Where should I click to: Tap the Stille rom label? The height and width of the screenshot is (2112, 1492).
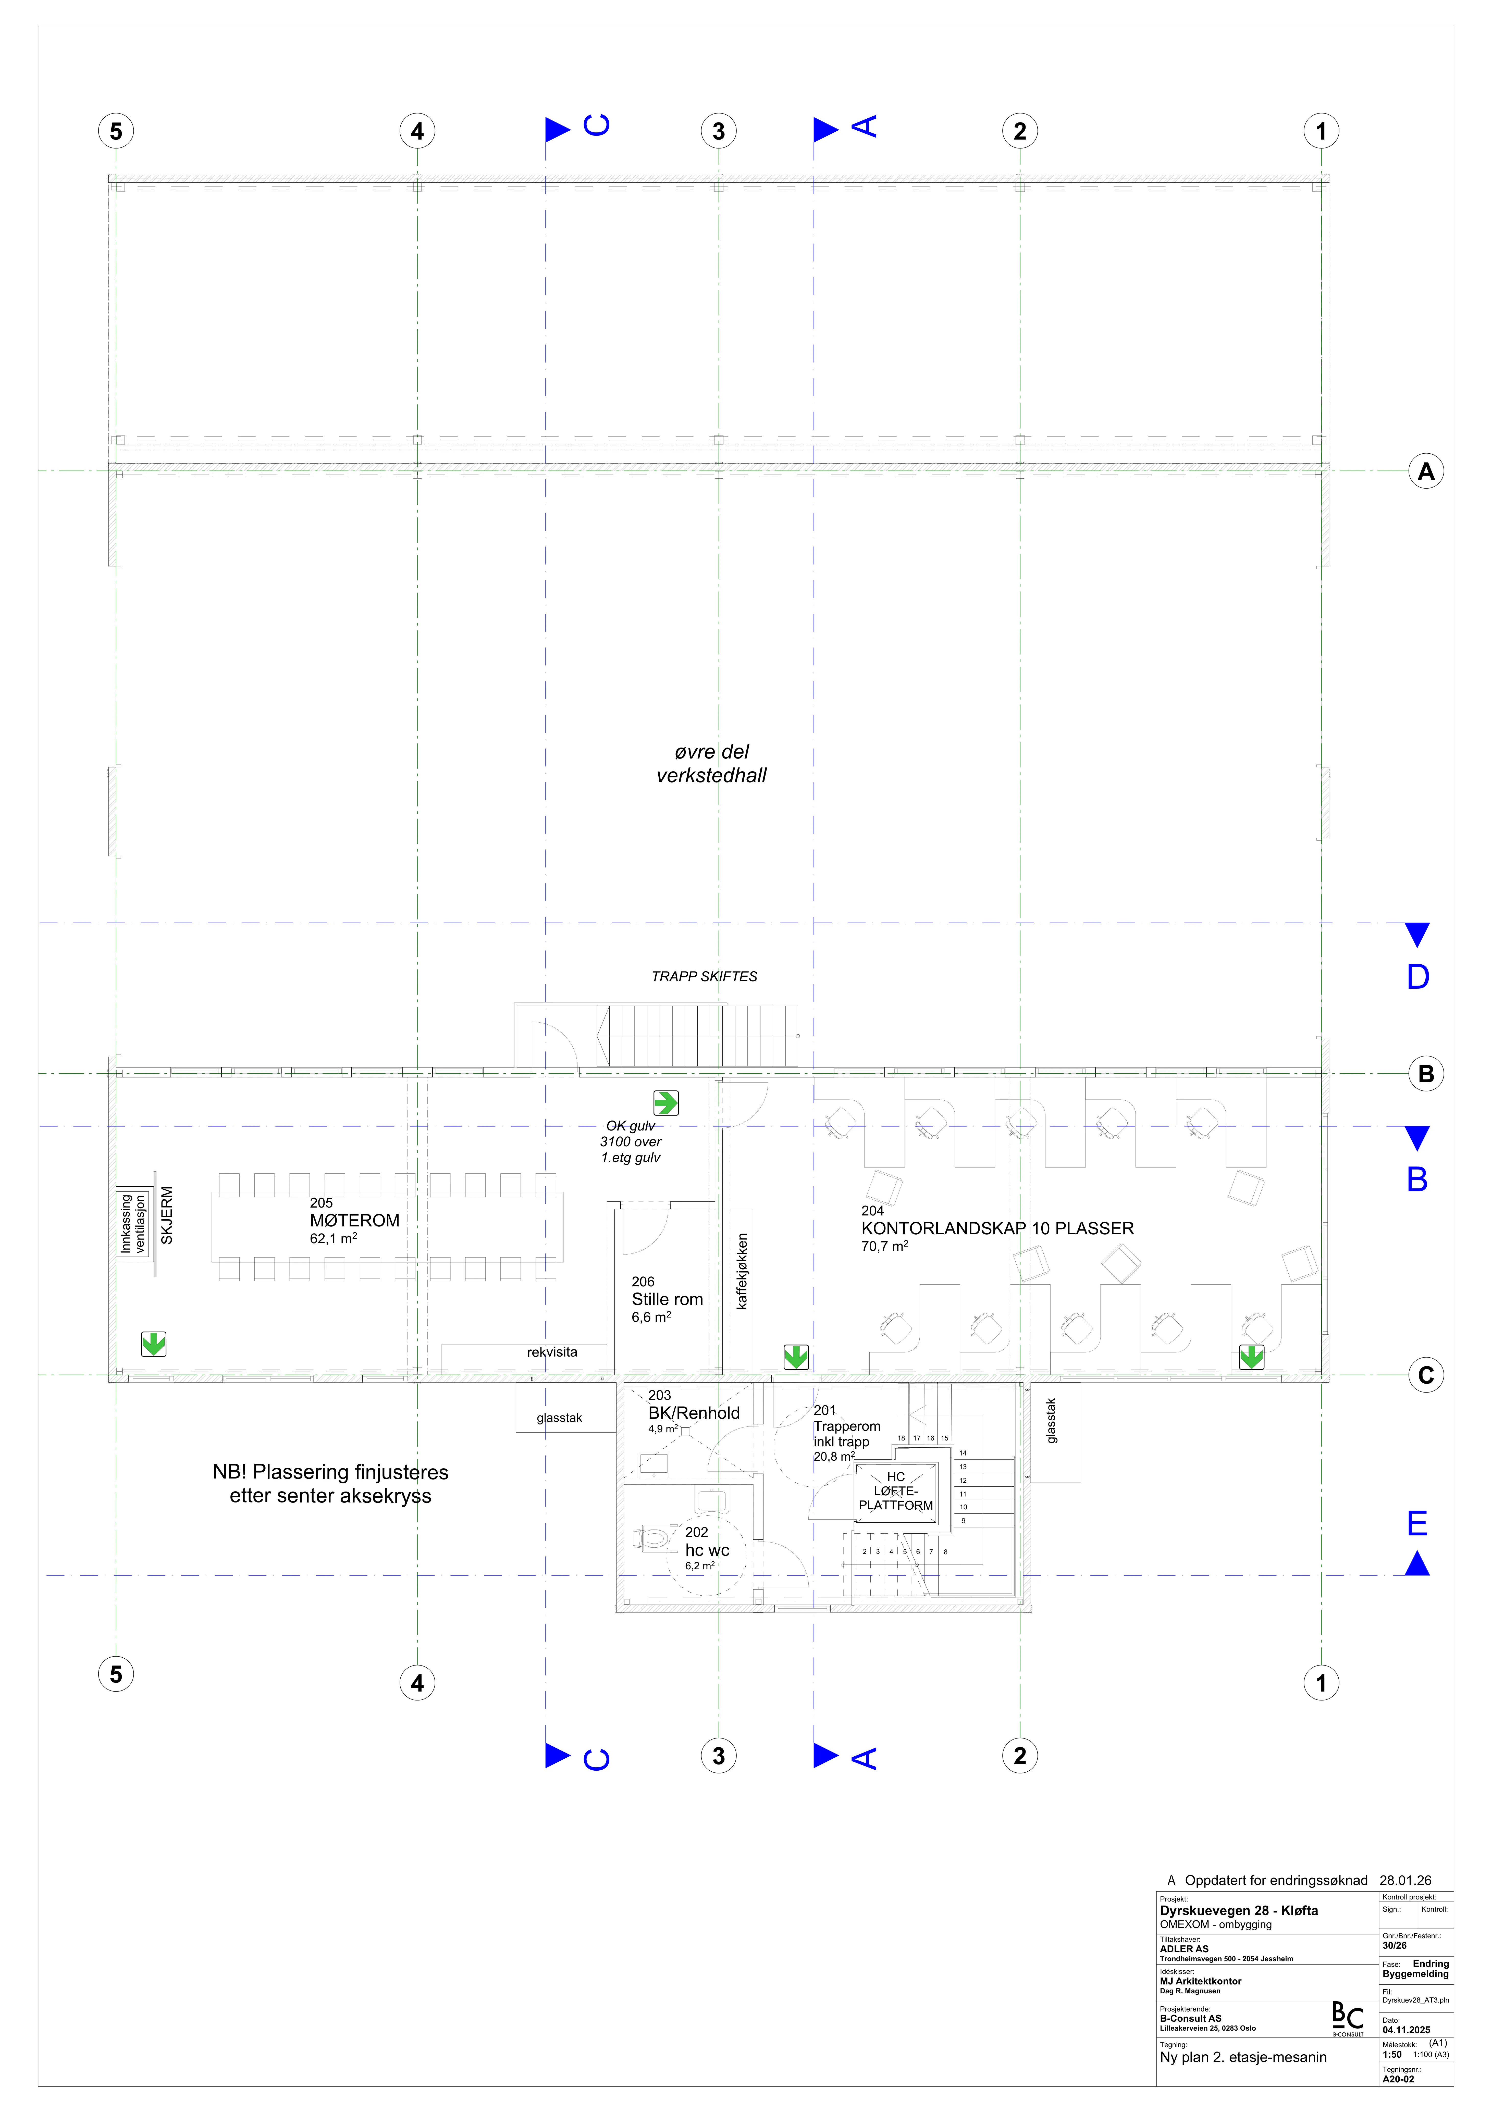click(x=667, y=1299)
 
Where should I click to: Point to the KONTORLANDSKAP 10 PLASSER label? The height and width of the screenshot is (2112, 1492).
click(x=997, y=1228)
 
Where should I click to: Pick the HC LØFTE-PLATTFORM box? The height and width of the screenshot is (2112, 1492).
click(x=896, y=1490)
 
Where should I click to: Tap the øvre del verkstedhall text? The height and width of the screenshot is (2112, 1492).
click(x=711, y=763)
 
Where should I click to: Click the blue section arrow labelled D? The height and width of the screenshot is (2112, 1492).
click(x=1417, y=935)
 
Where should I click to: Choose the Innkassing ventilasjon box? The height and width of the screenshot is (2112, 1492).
click(x=133, y=1223)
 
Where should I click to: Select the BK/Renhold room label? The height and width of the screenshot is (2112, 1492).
click(x=694, y=1413)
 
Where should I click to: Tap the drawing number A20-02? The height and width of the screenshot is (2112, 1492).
click(x=1398, y=2079)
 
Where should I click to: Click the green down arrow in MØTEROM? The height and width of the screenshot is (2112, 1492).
click(x=154, y=1344)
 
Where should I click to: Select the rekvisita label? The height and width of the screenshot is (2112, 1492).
click(x=552, y=1352)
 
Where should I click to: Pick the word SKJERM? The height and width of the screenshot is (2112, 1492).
click(x=166, y=1215)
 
